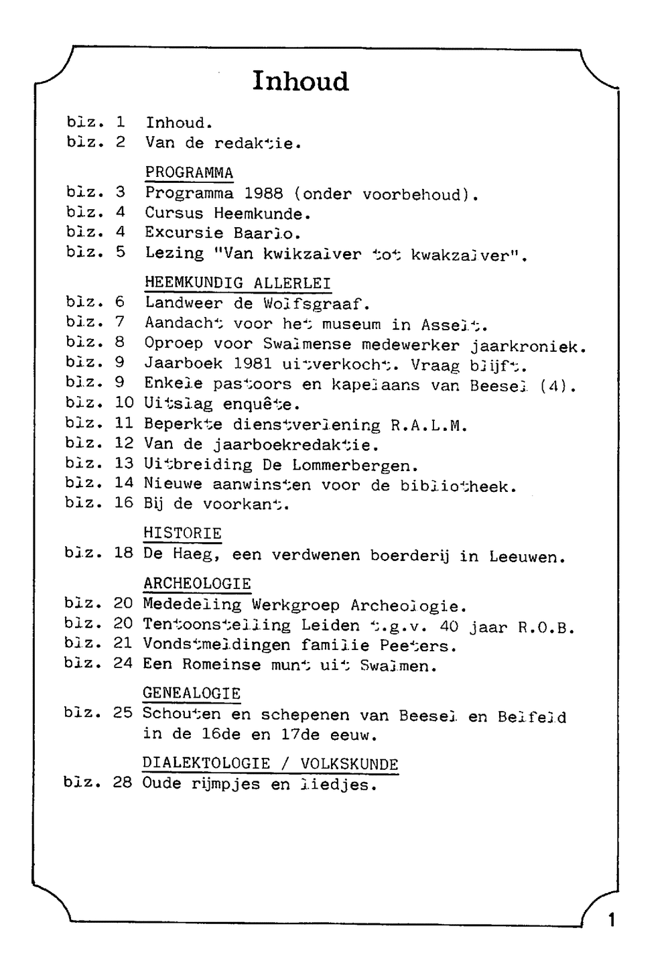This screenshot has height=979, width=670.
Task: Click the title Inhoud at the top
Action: click(300, 81)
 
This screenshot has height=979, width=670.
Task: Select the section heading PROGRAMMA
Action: click(189, 173)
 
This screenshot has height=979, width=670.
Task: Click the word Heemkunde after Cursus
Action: click(262, 214)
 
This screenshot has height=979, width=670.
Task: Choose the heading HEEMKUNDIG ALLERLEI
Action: click(238, 283)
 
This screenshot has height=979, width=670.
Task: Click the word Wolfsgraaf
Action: click(316, 303)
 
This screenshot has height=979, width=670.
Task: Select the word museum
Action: click(351, 324)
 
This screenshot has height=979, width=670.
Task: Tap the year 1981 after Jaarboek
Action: click(253, 364)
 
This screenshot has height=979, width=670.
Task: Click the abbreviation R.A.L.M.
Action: click(428, 425)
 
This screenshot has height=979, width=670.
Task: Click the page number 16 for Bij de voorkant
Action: click(123, 503)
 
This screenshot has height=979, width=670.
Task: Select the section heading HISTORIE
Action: click(182, 533)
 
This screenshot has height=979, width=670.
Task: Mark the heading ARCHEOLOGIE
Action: click(197, 584)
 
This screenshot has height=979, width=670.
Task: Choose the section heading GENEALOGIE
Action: click(192, 693)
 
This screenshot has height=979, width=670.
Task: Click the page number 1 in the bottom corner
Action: click(610, 919)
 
